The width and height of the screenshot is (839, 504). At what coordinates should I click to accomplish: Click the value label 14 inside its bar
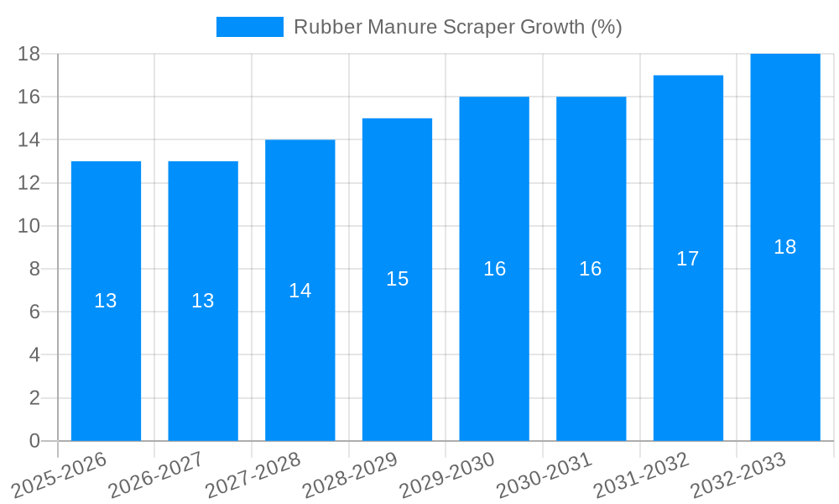300,291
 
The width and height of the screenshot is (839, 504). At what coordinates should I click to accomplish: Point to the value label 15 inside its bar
397,279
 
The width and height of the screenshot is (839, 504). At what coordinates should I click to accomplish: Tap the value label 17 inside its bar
687,259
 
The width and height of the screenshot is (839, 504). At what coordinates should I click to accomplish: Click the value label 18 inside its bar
784,247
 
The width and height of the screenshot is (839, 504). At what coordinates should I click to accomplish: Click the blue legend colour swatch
249,27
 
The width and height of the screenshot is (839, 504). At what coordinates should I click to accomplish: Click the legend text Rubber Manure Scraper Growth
457,27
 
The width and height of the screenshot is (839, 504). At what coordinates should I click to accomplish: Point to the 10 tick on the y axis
29,226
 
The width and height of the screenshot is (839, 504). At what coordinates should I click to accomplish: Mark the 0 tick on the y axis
34,441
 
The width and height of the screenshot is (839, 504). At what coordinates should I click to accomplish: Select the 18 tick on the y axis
29,54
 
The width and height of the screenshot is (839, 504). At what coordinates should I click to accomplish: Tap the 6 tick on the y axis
34,312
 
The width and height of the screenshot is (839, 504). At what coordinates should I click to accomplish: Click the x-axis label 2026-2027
156,475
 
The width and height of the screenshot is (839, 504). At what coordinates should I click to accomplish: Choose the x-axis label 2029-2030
447,475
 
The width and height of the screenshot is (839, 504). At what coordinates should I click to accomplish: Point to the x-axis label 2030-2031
545,475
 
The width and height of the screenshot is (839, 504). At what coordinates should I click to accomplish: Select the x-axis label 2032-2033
738,475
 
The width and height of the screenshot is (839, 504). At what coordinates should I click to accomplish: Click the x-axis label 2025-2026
59,475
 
